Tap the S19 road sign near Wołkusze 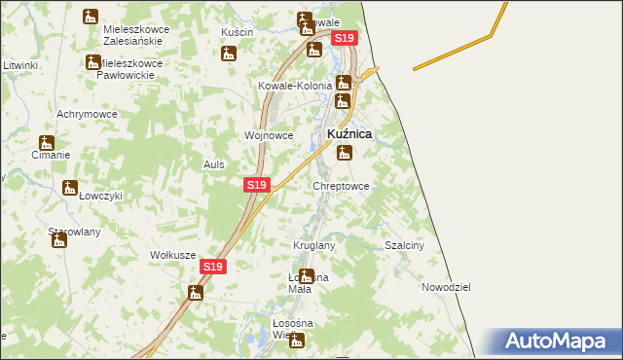tap(214, 266)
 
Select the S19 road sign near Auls tap(255, 184)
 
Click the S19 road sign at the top tap(345, 38)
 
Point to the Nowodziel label tap(446, 288)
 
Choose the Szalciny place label tap(405, 246)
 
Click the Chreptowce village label tap(341, 185)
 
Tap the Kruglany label tap(314, 245)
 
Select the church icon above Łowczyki tap(69, 189)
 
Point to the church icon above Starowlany tap(59, 240)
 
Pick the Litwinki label tap(19, 65)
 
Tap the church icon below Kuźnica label tap(344, 153)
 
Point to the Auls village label tap(214, 164)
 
